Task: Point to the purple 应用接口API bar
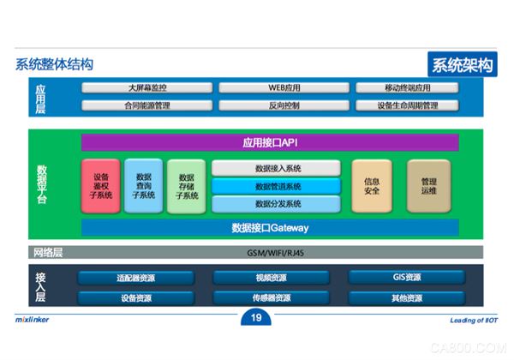(x=270, y=142)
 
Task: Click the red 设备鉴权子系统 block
(x=100, y=185)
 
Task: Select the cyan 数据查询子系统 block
(x=143, y=185)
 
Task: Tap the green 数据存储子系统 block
(x=186, y=185)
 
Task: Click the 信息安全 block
(x=372, y=185)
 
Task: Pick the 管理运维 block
(x=427, y=185)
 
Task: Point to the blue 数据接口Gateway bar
(x=270, y=228)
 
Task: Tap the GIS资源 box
(x=406, y=278)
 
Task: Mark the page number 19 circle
(x=256, y=320)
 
